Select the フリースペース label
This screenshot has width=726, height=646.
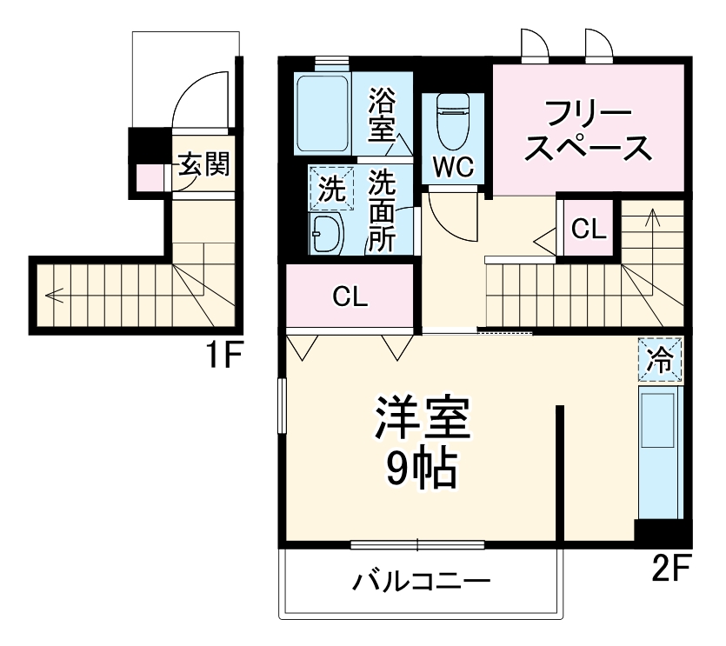[588, 132]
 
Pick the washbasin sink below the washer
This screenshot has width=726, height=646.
[327, 233]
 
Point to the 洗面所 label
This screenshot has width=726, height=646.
[382, 211]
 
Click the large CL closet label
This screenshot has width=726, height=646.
[350, 297]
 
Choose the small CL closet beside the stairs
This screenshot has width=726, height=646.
[589, 229]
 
